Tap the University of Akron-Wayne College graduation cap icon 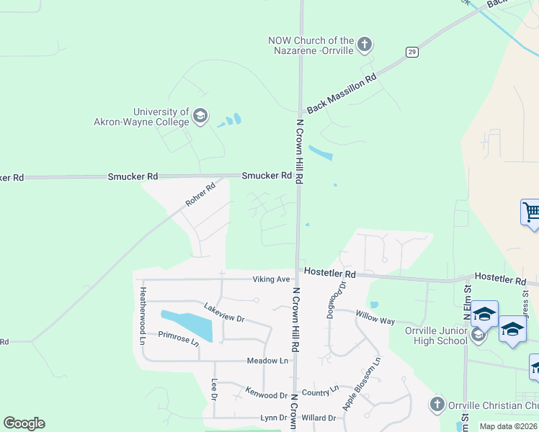200,116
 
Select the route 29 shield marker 411,51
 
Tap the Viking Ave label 271,279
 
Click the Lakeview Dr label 224,312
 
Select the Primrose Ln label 178,338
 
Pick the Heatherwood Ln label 143,315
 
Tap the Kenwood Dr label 266,394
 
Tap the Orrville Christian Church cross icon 437,405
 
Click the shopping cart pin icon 531,213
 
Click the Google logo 24,423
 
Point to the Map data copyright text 509,426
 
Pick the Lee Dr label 214,389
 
